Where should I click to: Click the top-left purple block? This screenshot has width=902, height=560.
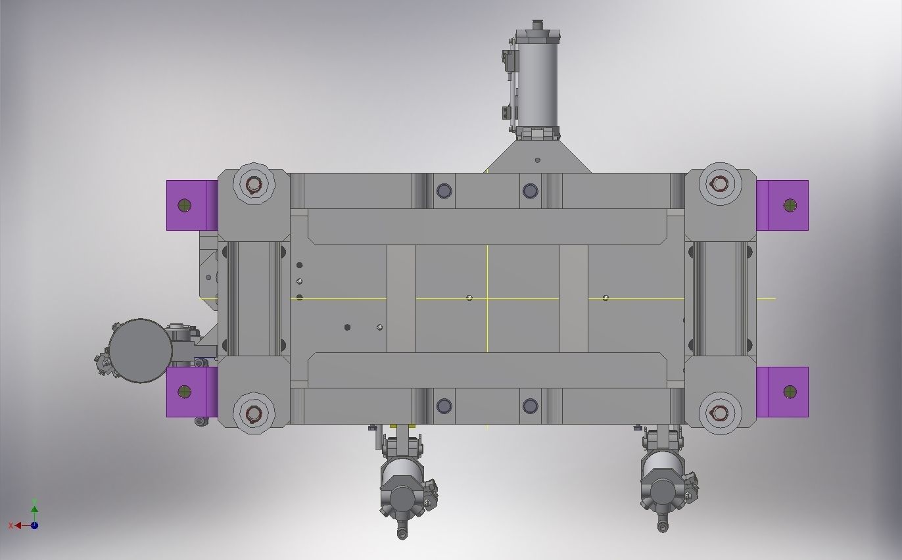pos(191,205)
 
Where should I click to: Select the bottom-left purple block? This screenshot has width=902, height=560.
pos(191,392)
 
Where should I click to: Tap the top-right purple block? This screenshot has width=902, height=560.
pos(783,205)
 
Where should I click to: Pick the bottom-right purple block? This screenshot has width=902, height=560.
pos(783,392)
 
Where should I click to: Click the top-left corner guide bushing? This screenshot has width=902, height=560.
pos(254,185)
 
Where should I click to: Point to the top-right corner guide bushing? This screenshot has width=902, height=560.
pos(719,185)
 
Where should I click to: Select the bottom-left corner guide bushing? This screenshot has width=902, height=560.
pos(254,413)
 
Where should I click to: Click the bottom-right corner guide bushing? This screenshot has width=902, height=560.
pos(719,413)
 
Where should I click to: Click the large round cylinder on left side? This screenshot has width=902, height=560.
pos(139,351)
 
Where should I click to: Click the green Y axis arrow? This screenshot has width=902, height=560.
pos(34,508)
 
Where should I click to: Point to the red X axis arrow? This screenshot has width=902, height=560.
pos(18,525)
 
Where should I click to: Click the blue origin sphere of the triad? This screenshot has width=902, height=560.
pos(34,525)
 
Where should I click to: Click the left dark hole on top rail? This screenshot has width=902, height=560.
pos(444,191)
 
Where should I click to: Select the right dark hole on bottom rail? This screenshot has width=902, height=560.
pos(530,406)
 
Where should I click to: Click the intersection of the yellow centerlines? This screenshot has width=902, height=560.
pos(487,298)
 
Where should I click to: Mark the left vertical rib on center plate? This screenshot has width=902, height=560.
pos(401,298)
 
